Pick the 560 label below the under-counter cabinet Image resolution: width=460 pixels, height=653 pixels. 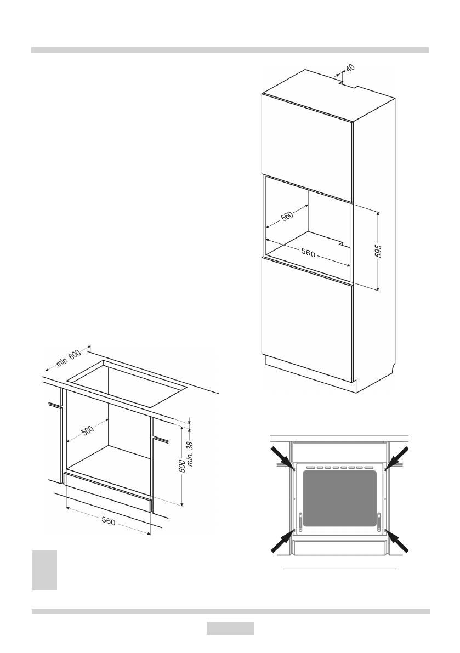[x=108, y=521]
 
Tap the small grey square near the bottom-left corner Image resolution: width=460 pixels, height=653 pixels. [x=44, y=570]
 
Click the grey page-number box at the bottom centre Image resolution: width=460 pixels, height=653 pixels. [x=230, y=628]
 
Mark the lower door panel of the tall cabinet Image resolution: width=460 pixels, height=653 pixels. [x=307, y=318]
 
